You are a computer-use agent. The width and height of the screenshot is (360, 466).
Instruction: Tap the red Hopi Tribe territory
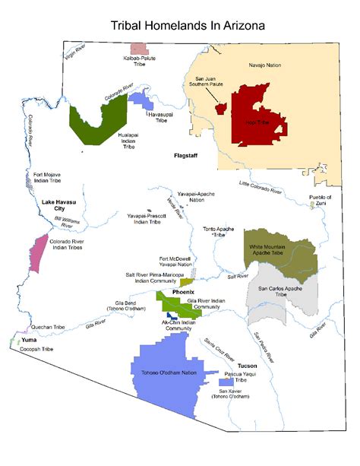click(258, 114)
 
